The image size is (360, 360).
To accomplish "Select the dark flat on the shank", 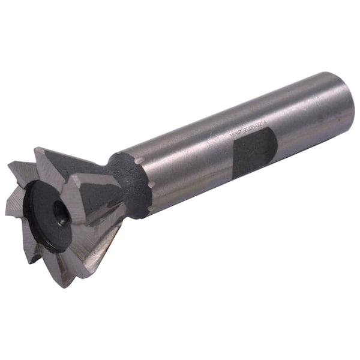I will click(x=255, y=153).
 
